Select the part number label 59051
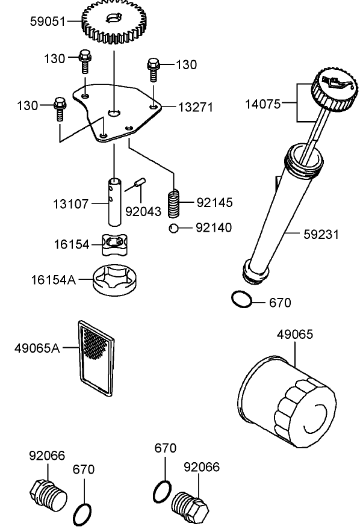point(47,22)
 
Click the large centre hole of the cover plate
point(113,113)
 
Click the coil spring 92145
point(173,203)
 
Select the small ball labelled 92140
point(173,228)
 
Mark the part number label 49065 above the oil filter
point(295,334)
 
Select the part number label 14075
point(262,104)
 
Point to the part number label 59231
point(320,234)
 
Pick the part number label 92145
point(214,202)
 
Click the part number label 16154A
point(54,280)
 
